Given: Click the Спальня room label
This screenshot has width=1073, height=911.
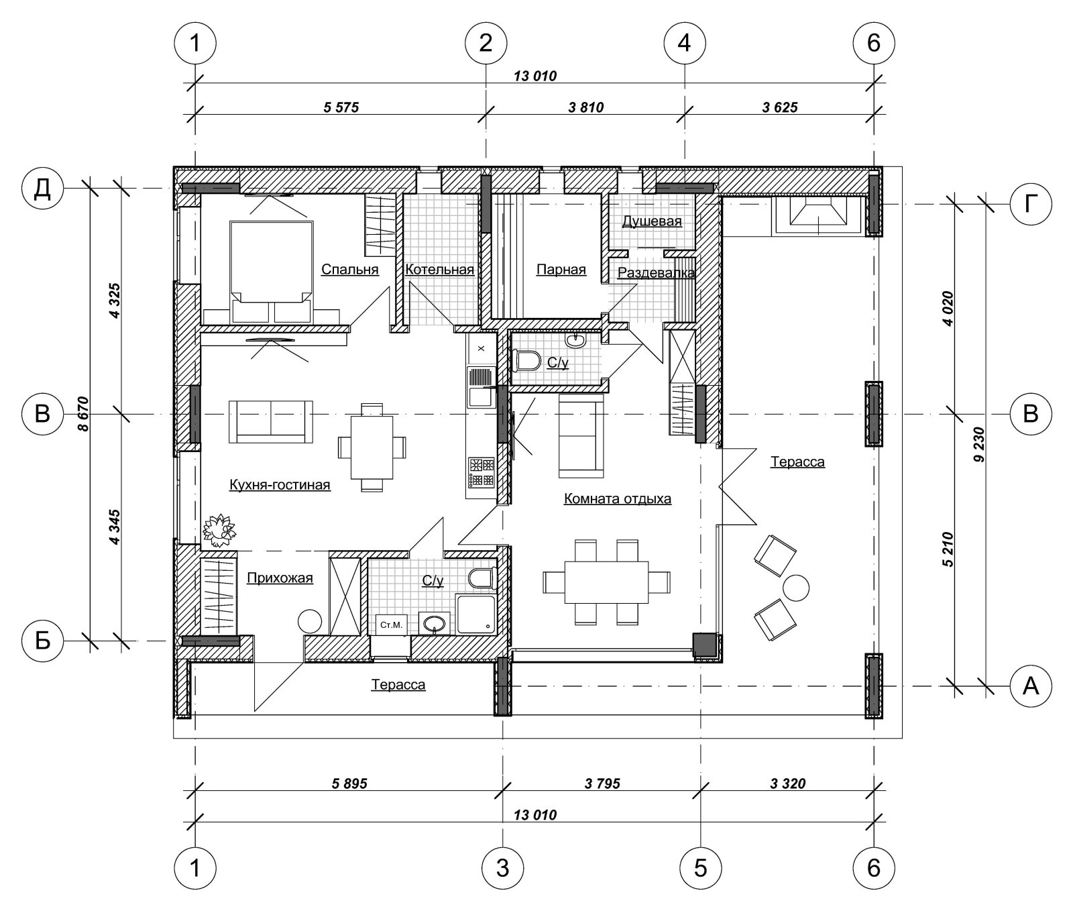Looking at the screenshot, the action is (349, 270).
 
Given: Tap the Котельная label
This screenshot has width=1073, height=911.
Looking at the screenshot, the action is (439, 270).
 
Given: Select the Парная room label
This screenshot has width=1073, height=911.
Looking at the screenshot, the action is (561, 270).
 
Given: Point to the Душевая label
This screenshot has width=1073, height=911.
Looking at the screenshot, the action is (652, 221).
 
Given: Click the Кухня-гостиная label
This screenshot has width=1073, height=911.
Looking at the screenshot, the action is (280, 484).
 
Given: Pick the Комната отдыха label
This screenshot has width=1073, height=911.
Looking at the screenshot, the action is (618, 498).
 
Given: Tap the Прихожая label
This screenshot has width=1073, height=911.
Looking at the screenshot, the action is (280, 578).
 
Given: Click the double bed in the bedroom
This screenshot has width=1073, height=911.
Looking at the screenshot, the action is (272, 272).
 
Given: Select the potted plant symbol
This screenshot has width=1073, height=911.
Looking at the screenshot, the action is (219, 529).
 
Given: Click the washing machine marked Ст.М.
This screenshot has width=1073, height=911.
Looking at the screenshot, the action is (391, 625).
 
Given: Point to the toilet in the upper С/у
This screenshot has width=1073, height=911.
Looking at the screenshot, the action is (527, 361).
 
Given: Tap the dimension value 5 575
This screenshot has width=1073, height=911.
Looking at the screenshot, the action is (341, 107).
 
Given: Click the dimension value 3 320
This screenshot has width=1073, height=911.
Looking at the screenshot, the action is (788, 783).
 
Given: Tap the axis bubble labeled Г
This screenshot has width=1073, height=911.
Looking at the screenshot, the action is (1030, 203).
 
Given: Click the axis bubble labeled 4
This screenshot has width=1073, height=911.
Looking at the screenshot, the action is (684, 43).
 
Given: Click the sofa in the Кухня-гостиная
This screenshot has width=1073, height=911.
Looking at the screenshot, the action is (271, 422).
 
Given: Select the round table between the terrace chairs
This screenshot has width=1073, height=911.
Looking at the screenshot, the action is (796, 588).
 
